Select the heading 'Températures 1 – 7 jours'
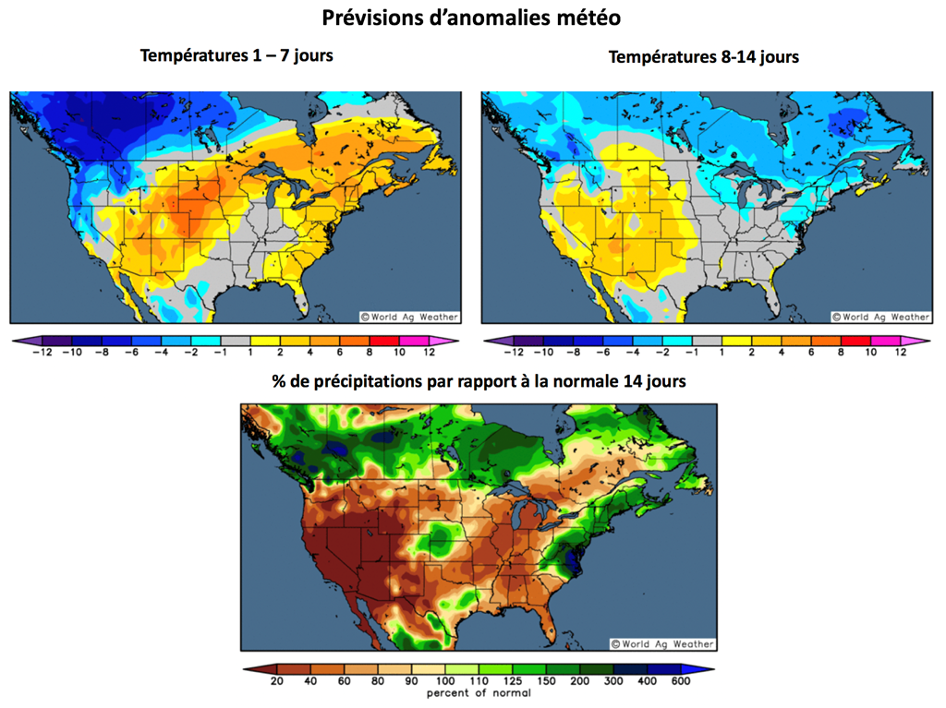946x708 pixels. tap(236, 55)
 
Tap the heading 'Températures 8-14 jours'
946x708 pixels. tap(703, 57)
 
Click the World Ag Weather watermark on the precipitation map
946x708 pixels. tap(662, 643)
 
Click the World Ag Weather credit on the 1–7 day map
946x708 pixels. tap(408, 317)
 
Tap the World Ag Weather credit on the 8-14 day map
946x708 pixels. tap(880, 317)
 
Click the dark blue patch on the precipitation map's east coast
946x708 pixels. tap(570, 558)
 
